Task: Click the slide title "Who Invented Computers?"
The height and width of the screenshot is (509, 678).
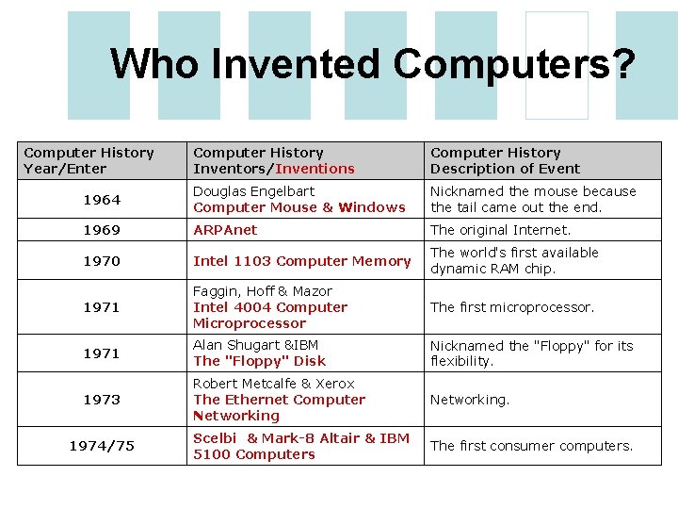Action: click(373, 64)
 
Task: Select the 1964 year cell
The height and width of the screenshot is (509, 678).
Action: click(102, 200)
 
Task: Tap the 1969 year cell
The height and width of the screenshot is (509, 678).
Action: click(102, 230)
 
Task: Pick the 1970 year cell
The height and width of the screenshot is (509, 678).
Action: click(102, 261)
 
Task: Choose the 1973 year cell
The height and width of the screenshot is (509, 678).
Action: click(102, 400)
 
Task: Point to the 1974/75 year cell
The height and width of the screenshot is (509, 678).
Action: click(102, 446)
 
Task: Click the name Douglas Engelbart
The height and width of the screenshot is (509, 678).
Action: click(253, 191)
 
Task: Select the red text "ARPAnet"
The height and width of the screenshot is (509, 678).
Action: click(225, 230)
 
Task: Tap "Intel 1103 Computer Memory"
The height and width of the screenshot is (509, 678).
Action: click(302, 261)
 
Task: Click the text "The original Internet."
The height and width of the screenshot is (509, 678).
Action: click(500, 230)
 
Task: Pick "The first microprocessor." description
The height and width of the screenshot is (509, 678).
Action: click(512, 307)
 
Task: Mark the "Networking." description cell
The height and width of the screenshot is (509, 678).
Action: click(470, 400)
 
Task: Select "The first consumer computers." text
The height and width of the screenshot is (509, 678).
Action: click(532, 446)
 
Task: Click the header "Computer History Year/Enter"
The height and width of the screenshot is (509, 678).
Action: click(89, 160)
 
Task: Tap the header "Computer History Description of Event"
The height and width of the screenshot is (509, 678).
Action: click(505, 160)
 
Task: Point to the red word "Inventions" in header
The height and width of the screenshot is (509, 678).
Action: click(315, 169)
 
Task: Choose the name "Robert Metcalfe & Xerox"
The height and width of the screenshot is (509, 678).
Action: click(273, 384)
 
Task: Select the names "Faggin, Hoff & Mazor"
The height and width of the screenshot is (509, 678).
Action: click(262, 291)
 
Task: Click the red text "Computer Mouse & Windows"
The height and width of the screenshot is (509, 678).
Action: click(299, 207)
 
